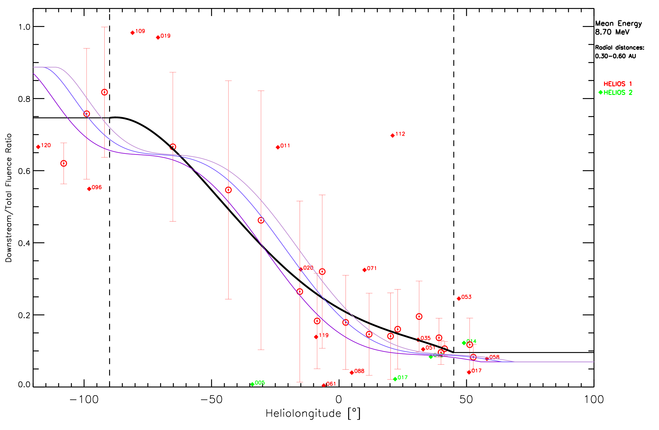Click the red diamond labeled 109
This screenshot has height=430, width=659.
(133, 33)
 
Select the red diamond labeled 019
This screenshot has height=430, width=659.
(158, 37)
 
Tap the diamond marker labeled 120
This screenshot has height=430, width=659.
(38, 147)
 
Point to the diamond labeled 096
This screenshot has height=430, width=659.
(89, 189)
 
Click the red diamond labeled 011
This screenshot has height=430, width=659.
(278, 147)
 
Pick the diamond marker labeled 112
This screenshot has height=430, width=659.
(393, 135)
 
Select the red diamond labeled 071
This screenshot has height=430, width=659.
(364, 270)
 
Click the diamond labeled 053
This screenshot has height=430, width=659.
(459, 299)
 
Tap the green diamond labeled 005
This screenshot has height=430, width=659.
(252, 384)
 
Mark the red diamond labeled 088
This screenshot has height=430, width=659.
(352, 373)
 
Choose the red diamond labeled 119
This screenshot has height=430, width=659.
(316, 337)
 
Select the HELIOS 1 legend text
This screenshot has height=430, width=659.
(617, 84)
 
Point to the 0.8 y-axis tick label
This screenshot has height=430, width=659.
(24, 99)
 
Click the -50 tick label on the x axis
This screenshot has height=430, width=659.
(211, 400)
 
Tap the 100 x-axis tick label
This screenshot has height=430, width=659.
(594, 400)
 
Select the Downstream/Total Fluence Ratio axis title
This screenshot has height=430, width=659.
(9, 198)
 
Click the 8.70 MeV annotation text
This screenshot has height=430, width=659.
(612, 32)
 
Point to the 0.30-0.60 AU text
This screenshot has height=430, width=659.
(616, 56)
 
